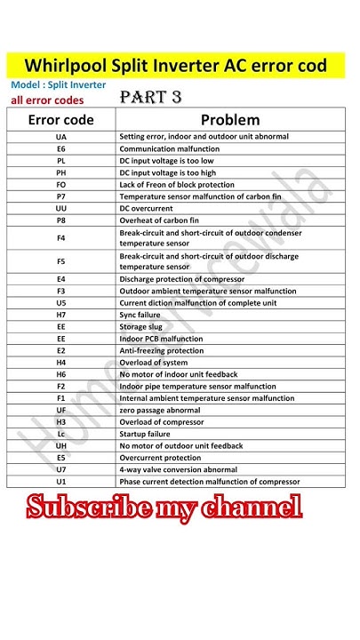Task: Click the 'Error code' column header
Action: coord(60,118)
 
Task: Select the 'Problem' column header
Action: coord(229,118)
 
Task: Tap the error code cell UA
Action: coord(60,136)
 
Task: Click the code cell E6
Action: coord(60,148)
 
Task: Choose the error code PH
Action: coord(60,172)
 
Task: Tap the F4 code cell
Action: coord(60,238)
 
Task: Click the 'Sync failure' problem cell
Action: coord(140,316)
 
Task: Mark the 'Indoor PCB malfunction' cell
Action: coord(161,339)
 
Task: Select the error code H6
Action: coord(60,374)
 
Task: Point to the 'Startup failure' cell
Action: coord(144,434)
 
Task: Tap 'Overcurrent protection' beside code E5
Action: coord(162,457)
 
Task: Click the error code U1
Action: coord(60,481)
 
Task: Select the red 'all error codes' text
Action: coord(48,100)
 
